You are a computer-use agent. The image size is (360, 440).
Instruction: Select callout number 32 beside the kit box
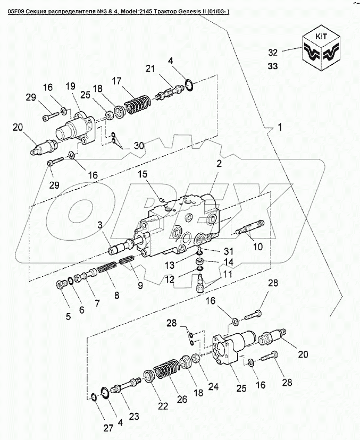tap(273, 52)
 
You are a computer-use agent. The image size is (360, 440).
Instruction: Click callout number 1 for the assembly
tap(281, 128)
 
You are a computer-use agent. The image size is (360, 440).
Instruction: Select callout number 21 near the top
tap(151, 68)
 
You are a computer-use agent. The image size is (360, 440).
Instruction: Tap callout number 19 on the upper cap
tap(70, 87)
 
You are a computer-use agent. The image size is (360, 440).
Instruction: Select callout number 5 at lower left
tap(68, 317)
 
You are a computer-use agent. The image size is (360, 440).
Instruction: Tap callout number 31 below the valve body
tap(228, 252)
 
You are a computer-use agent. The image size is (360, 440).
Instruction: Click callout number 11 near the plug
tap(227, 274)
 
